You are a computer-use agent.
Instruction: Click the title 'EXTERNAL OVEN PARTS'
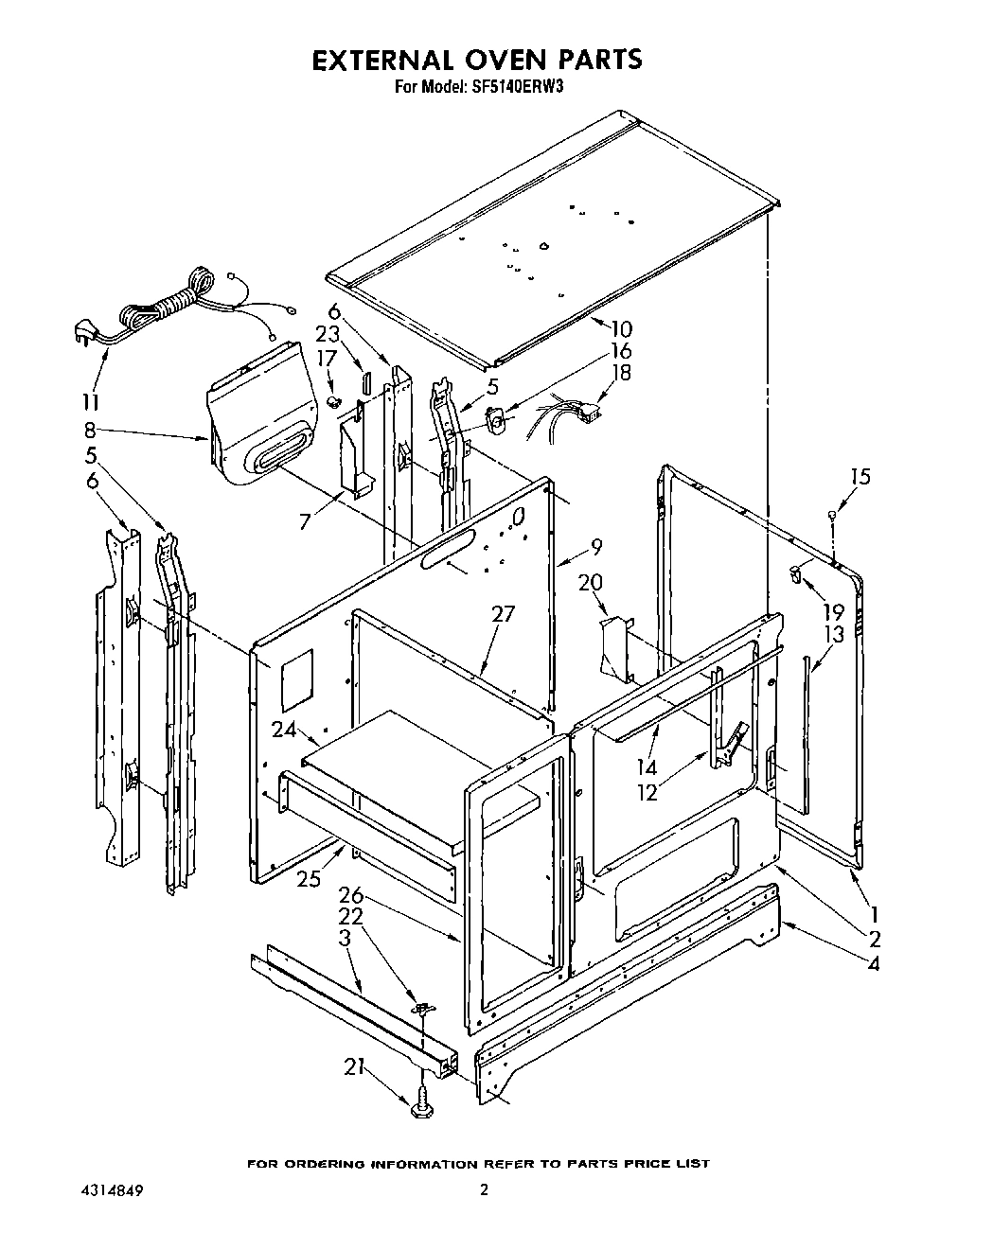pos(477,60)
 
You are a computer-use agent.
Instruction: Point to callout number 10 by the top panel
pos(621,329)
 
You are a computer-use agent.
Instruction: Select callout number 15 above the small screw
pos(859,477)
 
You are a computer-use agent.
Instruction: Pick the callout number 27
pos(503,614)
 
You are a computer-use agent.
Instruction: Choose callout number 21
pos(353,1066)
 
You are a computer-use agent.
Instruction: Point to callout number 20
pos(591,583)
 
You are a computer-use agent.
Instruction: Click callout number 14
pos(647,767)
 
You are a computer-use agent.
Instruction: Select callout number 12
pos(647,793)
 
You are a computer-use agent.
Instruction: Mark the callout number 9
pos(594,546)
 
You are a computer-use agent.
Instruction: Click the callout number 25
pos(308,879)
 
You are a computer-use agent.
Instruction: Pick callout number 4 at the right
pos(873,964)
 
